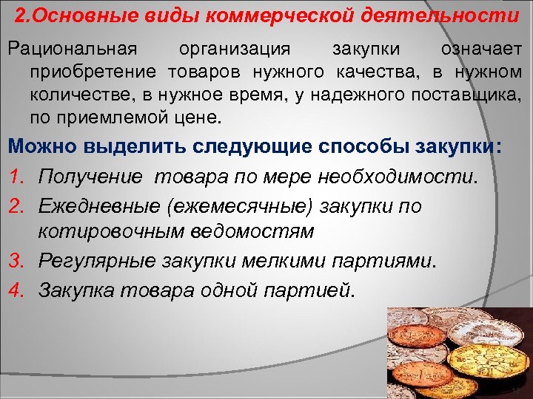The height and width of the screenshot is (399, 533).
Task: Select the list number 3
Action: [x=16, y=261]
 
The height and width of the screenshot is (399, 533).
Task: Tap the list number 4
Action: [x=16, y=289]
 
